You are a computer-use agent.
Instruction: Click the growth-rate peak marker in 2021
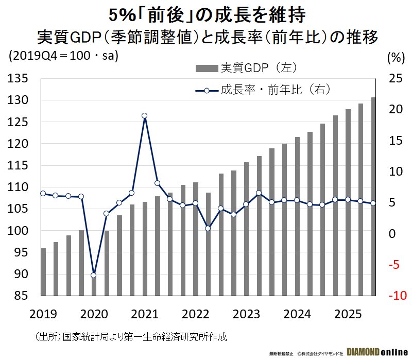pos(144,116)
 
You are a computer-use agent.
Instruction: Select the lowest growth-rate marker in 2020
pos(93,275)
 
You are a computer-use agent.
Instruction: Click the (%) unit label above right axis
pos(393,57)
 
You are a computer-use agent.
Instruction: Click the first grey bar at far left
pos(43,272)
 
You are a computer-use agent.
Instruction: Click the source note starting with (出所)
pos(131,337)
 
